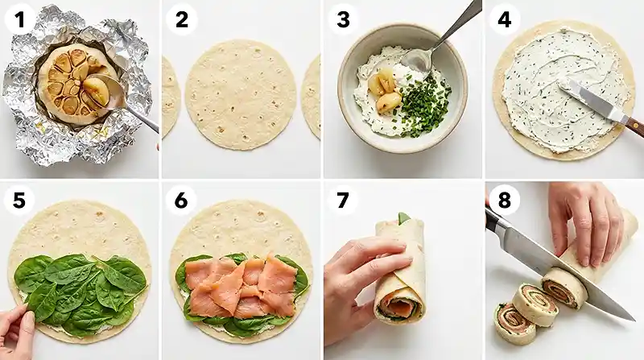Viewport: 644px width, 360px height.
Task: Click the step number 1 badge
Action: [x=19, y=19]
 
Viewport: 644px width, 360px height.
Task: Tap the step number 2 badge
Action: [x=182, y=19]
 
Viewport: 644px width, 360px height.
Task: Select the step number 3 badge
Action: [x=344, y=19]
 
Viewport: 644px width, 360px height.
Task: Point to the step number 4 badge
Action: [x=505, y=19]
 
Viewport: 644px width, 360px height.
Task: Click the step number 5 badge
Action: [x=19, y=200]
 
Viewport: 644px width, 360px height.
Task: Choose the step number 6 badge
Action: [x=182, y=200]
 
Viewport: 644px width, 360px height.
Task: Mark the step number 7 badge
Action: [x=344, y=200]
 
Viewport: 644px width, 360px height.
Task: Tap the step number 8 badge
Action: [x=505, y=200]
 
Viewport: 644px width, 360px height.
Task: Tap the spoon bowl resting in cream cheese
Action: [x=416, y=61]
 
